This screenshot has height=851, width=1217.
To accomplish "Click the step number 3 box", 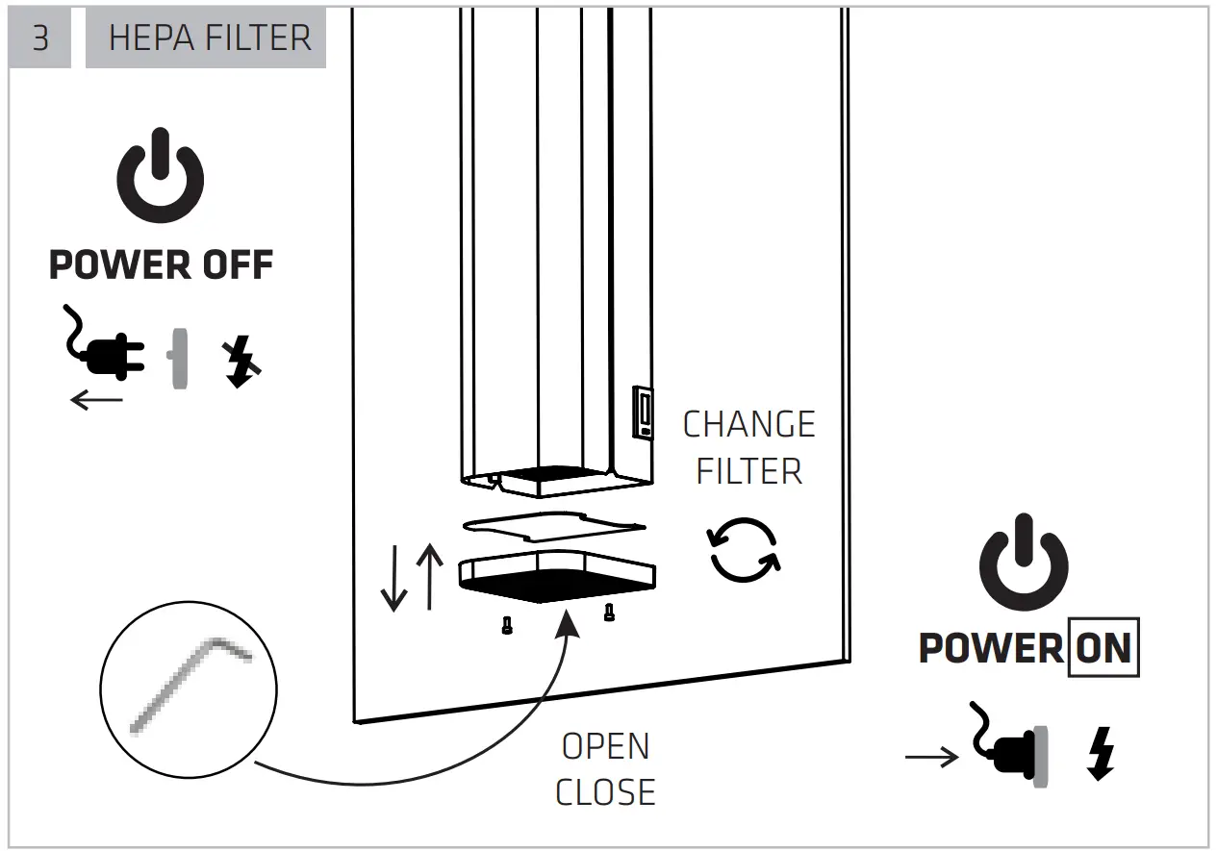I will point(39,38).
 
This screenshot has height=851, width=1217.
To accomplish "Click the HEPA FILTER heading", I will point(210,38).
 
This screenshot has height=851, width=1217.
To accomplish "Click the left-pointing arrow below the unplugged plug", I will point(97,399).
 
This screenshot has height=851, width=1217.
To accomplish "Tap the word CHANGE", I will point(748,424).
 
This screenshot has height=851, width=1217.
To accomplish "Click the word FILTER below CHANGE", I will point(748,471).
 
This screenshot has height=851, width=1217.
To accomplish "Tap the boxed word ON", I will point(1103,647).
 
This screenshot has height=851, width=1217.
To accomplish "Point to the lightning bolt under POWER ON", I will point(1102,753).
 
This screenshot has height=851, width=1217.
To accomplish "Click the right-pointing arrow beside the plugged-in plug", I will point(931,759).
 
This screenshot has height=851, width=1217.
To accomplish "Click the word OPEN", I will point(605,746).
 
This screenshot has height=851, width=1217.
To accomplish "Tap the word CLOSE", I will point(605,791).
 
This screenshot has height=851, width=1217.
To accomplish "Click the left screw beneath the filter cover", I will point(506,626).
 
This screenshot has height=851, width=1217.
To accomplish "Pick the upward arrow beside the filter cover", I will point(429,576).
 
